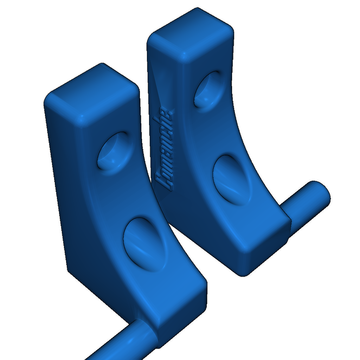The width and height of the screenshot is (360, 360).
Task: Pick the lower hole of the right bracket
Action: [x=232, y=180]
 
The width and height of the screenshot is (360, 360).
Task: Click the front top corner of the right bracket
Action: [x=185, y=56]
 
